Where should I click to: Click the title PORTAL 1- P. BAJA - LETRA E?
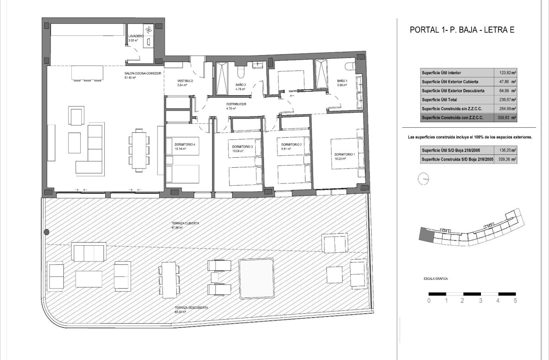pyautogui.click(x=462, y=30)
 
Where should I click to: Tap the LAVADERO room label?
pyautogui.click(x=136, y=36)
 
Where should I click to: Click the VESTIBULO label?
pyautogui.click(x=185, y=81)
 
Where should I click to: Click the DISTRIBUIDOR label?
pyautogui.click(x=236, y=104)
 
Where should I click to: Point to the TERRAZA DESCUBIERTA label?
pyautogui.click(x=192, y=307)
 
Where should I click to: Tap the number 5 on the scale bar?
pyautogui.click(x=515, y=301)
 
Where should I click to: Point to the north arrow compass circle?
pyautogui.click(x=423, y=179)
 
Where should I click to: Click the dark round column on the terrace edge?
pyautogui.click(x=46, y=232)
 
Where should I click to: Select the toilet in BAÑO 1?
pyautogui.click(x=350, y=66)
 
